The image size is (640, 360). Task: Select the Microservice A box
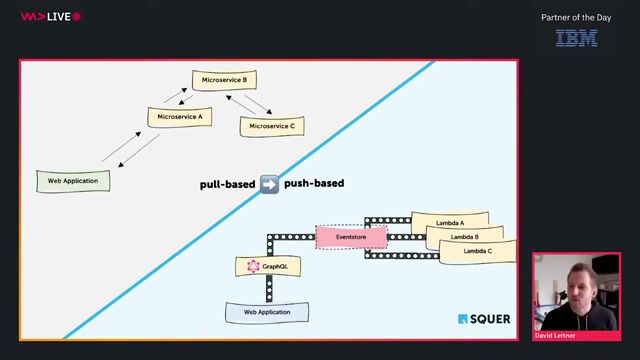point(180,116)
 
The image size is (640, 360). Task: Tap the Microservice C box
point(271,126)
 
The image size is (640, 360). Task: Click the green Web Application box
point(73,181)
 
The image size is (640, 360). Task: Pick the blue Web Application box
point(267,312)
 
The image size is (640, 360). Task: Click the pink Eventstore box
point(350,237)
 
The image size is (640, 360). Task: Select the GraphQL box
point(268,266)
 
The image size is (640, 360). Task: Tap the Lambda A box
point(450,220)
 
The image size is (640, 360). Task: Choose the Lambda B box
point(464,236)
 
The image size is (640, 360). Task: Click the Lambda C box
point(478,252)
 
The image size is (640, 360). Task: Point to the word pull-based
point(226,184)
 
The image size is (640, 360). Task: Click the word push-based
point(314,184)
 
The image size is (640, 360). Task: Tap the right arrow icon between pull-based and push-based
point(269,184)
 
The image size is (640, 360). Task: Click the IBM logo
point(576,38)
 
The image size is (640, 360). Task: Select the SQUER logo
point(484,319)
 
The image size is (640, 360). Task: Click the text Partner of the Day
point(576,17)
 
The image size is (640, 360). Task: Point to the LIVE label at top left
point(57,16)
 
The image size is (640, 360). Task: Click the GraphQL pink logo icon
point(254,266)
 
